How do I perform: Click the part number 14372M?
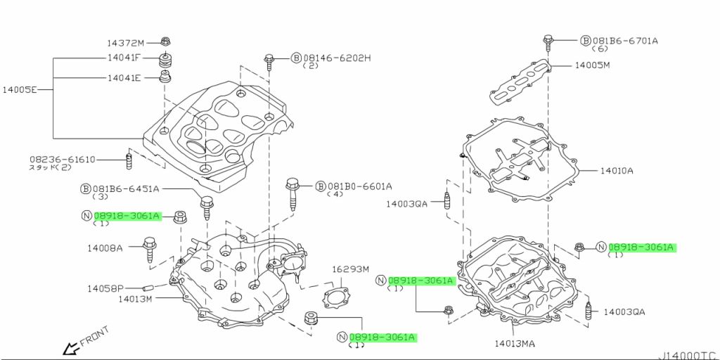[x=125, y=42]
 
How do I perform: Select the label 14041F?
[x=124, y=58]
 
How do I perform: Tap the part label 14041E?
[x=124, y=78]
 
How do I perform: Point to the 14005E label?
[x=18, y=90]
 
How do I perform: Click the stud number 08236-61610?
[x=62, y=160]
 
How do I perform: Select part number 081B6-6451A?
[x=126, y=189]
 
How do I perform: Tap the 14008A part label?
[x=105, y=248]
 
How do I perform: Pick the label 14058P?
[x=105, y=288]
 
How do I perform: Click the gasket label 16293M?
[x=350, y=269]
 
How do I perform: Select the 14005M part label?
[x=592, y=65]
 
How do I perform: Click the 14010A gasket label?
[x=616, y=170]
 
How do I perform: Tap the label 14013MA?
[x=514, y=343]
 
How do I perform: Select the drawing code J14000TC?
[x=688, y=354]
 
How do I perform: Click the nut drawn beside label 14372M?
[x=166, y=41]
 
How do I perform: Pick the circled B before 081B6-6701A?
[x=585, y=41]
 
